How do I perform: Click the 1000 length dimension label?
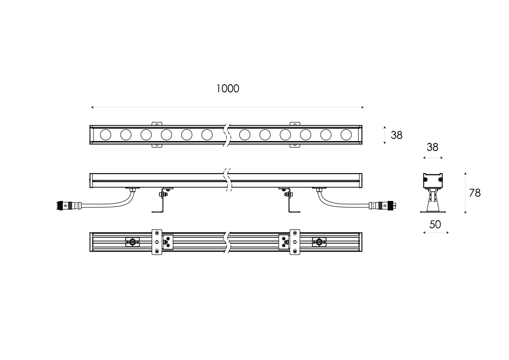coord(227,89)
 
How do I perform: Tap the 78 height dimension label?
coord(474,193)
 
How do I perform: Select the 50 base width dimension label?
coord(435,224)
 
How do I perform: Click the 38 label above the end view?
coord(433,148)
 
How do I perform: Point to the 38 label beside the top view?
coord(396,135)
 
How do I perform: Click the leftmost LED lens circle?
coord(106,134)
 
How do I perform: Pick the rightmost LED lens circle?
coord(346,134)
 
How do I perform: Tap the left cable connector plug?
coord(69,205)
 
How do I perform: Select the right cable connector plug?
coord(383,205)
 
